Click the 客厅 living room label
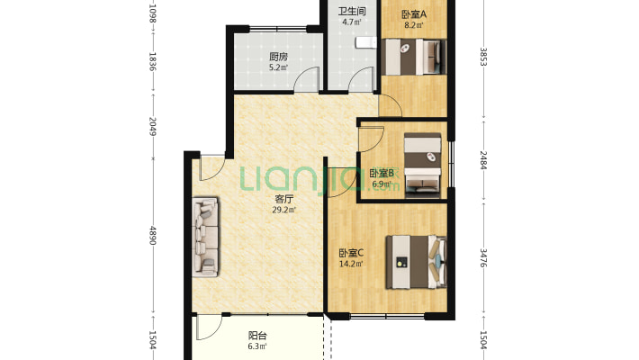pos(284,200)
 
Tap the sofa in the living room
pos(205,237)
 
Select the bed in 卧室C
pos(416,262)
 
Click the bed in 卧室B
pos(422,166)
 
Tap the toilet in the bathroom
pos(365,42)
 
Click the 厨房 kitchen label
pos(278,57)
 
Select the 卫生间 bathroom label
pos(351,12)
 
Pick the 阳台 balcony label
pos(257,336)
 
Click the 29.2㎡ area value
pos(284,210)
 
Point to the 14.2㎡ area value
pos(351,264)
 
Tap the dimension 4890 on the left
pos(153,235)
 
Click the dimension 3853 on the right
pos(483,57)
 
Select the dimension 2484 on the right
pos(483,160)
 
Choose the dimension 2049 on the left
pos(153,126)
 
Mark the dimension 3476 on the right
pos(483,258)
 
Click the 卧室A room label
pos(414,14)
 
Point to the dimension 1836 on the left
pos(153,61)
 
